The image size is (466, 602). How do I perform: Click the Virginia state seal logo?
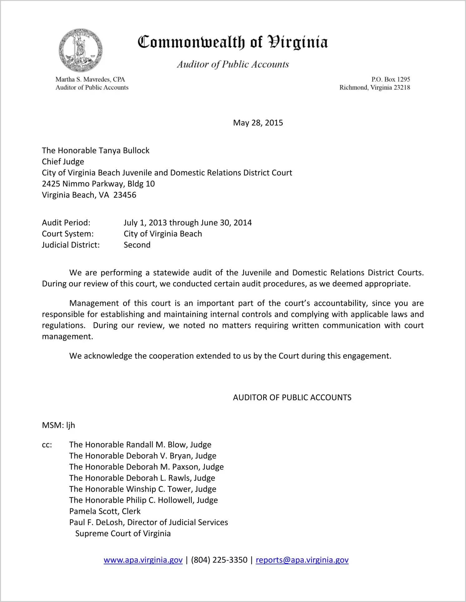tap(81, 51)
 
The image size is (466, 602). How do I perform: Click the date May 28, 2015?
tap(258, 123)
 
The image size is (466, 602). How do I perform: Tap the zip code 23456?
tap(125, 195)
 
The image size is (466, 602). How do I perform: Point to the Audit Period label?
tap(66, 223)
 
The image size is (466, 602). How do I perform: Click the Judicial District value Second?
tap(137, 245)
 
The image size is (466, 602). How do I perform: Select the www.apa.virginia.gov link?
tap(143, 560)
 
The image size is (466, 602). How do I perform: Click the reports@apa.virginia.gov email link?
tap(302, 560)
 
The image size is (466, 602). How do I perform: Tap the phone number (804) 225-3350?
tap(219, 560)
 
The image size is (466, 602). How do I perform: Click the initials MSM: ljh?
tap(58, 425)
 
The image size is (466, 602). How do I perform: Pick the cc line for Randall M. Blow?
tap(140, 445)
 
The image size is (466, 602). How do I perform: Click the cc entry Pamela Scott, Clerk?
tap(105, 511)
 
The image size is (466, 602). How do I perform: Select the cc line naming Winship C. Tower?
tap(143, 489)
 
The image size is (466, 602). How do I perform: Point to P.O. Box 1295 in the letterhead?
tap(391, 79)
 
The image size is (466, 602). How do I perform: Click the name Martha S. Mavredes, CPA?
tap(90, 79)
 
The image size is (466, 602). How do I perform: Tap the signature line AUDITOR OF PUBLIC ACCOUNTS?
tap(292, 397)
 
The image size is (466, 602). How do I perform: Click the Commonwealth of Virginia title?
tap(233, 42)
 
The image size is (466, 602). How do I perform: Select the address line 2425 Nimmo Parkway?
tap(98, 184)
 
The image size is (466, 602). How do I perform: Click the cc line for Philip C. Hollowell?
tap(143, 500)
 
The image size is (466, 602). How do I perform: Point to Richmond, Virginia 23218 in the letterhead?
tap(375, 88)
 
